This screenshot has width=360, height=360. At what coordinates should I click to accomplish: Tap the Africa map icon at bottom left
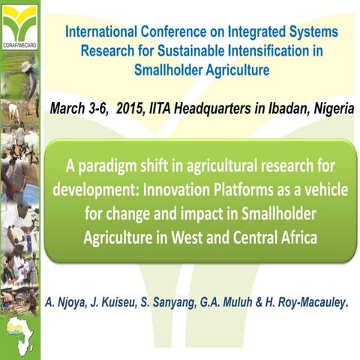pos(19,333)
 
